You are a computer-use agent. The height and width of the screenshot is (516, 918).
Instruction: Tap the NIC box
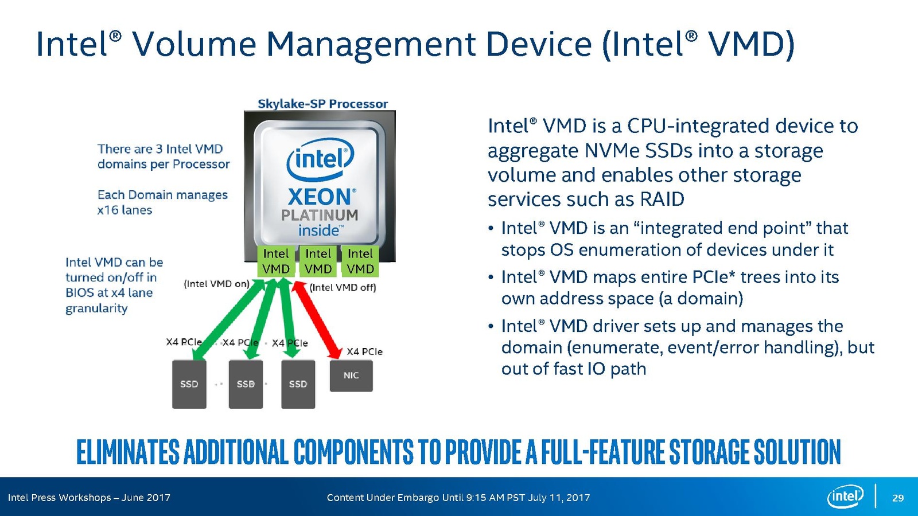tap(351, 376)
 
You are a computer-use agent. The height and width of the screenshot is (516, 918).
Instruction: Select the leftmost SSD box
tap(189, 384)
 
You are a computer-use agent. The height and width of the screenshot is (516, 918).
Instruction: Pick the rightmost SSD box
tap(298, 384)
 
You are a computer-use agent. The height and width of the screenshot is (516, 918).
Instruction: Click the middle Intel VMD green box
tap(318, 261)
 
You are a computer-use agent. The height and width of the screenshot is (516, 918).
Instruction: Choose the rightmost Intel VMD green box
tap(360, 261)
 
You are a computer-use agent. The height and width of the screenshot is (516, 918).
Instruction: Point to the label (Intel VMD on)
tap(216, 284)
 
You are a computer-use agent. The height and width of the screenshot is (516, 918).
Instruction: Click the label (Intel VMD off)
tap(343, 287)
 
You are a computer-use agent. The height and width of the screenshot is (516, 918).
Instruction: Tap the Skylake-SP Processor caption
tap(322, 104)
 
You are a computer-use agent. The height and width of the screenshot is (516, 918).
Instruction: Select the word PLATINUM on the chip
tap(320, 215)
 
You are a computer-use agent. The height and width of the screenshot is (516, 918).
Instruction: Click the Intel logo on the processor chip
tap(320, 159)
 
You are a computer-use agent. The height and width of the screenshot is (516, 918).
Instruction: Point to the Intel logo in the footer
tap(845, 497)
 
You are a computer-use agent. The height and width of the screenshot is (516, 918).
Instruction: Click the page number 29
tap(898, 498)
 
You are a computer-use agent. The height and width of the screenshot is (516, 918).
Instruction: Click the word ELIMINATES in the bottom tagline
tap(128, 452)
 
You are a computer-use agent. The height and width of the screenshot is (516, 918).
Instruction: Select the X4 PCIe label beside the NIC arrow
tap(364, 351)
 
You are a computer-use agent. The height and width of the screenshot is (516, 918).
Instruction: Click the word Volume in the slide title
tap(195, 44)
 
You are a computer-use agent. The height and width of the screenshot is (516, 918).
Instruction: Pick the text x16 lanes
tap(125, 210)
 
